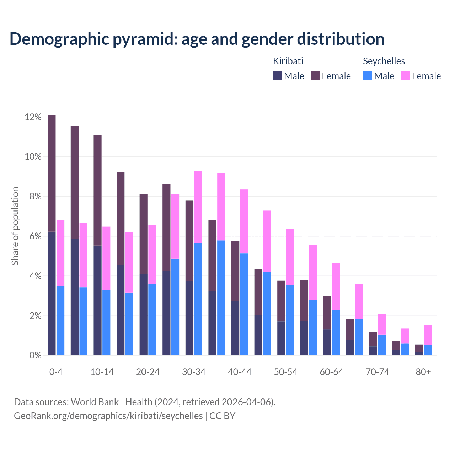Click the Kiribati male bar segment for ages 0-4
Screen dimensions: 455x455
[52, 293]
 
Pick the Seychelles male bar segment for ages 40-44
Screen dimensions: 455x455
[244, 304]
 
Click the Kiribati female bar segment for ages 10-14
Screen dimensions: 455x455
[98, 190]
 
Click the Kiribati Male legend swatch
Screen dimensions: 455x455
[278, 76]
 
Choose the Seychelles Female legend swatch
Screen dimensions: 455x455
[406, 76]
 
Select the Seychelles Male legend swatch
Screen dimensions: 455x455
[368, 76]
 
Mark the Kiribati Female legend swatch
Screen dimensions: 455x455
[315, 76]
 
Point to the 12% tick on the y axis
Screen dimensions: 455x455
[33, 117]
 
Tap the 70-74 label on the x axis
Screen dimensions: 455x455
[378, 372]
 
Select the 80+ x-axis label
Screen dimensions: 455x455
[423, 372]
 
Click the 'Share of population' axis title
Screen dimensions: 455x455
[15, 226]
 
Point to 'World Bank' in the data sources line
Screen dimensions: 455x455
[95, 402]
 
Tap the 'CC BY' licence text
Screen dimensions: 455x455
[222, 416]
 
